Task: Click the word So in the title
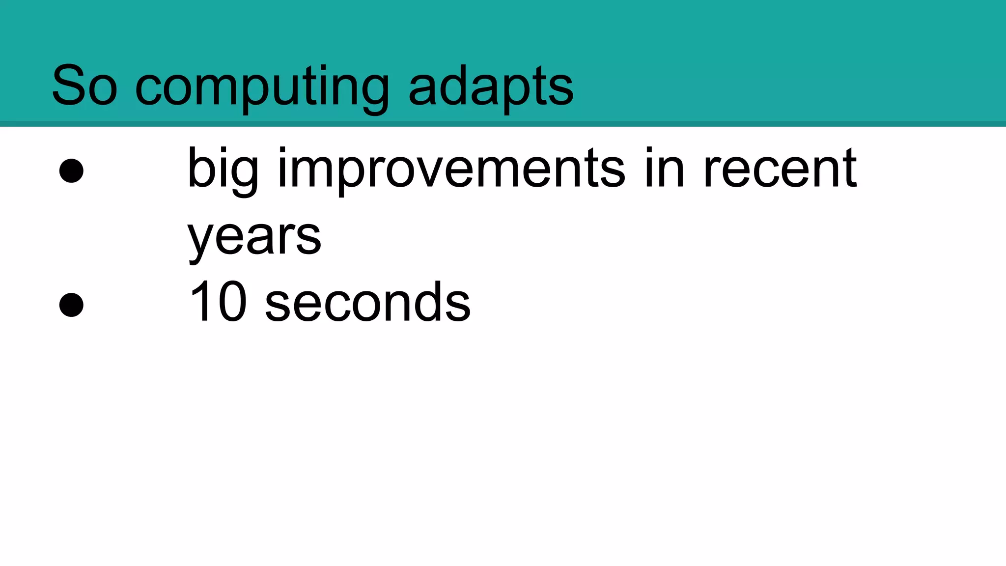click(x=84, y=86)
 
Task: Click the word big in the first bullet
click(x=223, y=170)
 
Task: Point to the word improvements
click(x=451, y=170)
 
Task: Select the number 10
click(x=218, y=302)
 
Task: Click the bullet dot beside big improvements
click(x=71, y=170)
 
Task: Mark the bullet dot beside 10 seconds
click(x=71, y=305)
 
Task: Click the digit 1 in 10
click(x=201, y=302)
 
